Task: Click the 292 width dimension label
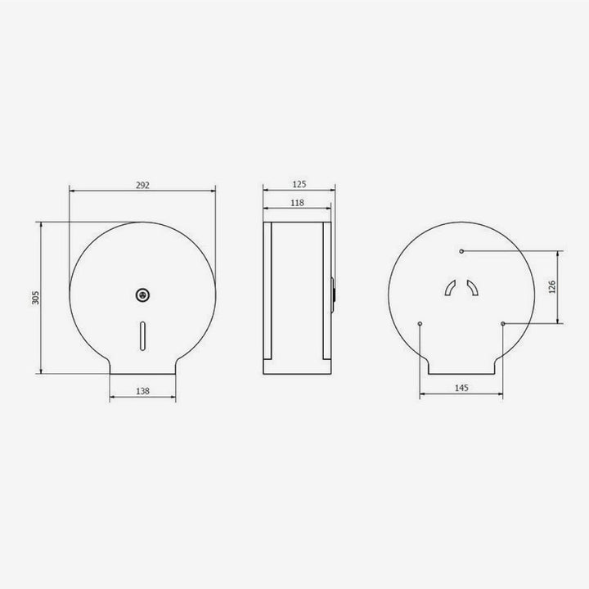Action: (142, 185)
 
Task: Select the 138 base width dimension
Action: (142, 392)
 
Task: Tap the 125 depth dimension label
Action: (298, 185)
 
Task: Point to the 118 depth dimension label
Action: (298, 202)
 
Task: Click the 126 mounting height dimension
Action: (552, 286)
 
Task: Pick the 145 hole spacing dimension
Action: (461, 389)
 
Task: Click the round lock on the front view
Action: (143, 292)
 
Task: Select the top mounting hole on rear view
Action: (461, 250)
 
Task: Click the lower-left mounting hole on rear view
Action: (420, 324)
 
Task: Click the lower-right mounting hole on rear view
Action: (502, 324)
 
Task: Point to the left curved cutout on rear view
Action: (450, 287)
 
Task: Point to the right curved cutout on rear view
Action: (472, 287)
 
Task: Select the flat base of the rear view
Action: (461, 374)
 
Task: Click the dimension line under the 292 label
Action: (142, 192)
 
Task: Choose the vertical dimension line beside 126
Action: (559, 286)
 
